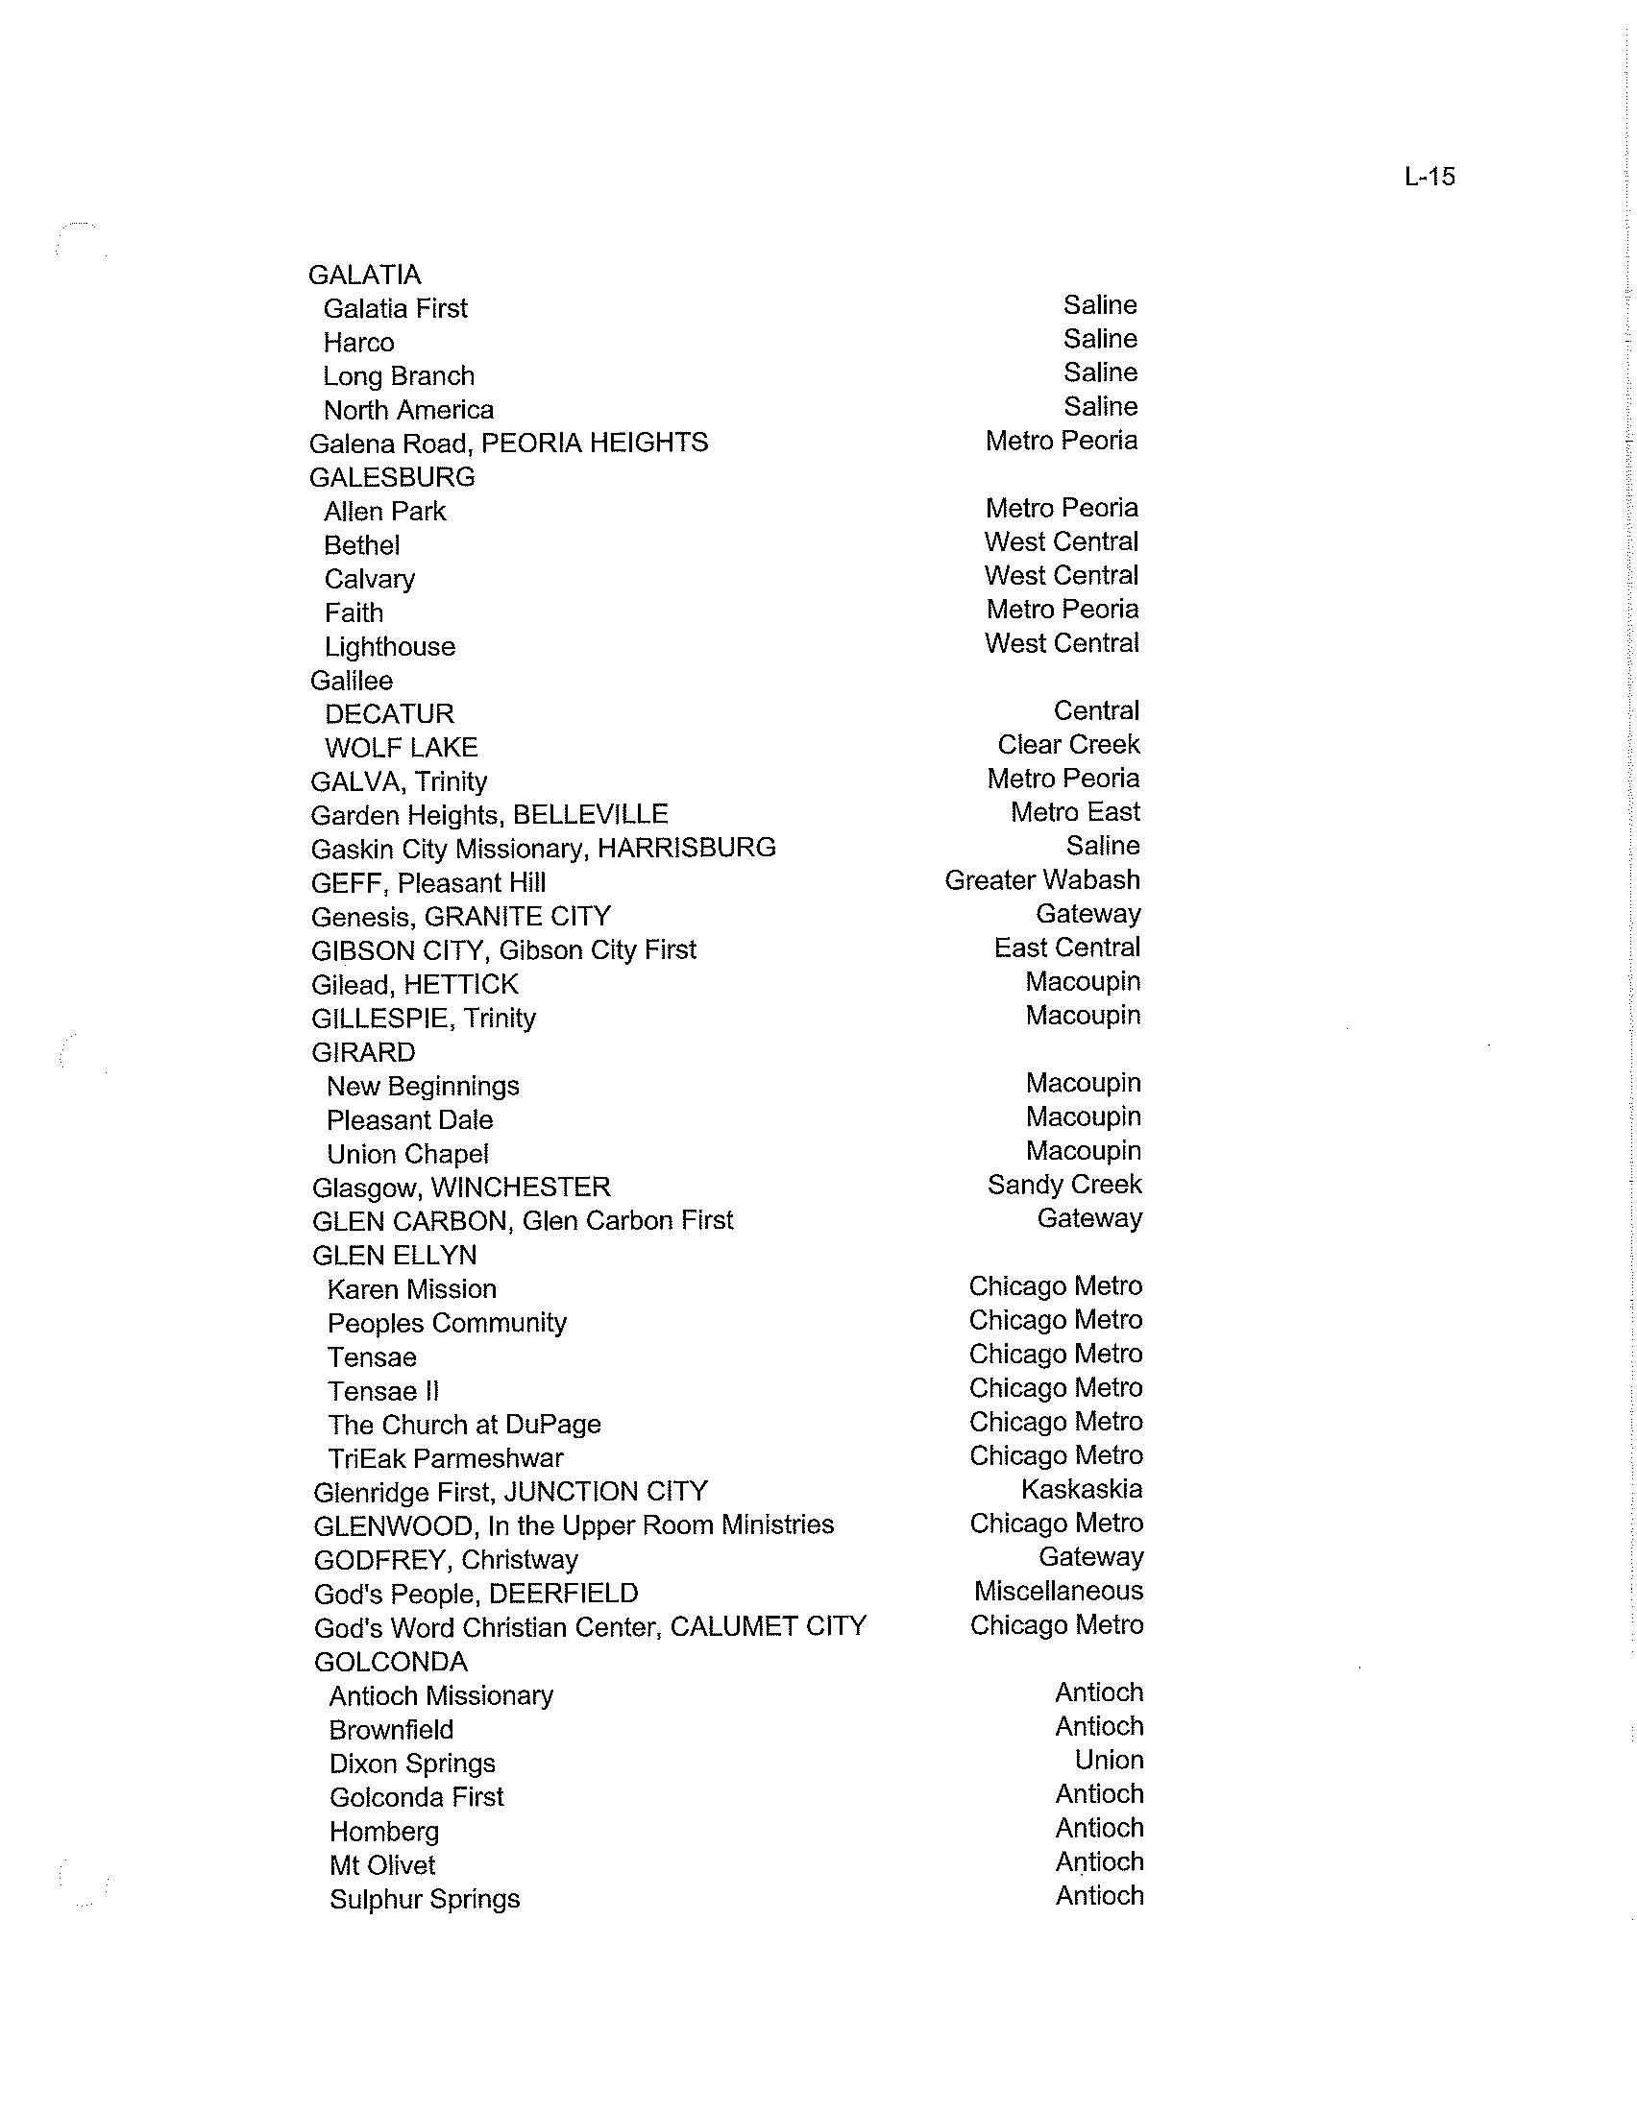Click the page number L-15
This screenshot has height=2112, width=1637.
(x=1429, y=177)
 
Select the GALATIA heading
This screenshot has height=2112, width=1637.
(x=365, y=276)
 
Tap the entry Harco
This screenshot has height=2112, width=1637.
(x=358, y=344)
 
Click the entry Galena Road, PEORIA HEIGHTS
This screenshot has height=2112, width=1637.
(x=508, y=444)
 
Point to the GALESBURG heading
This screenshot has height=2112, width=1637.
(x=392, y=478)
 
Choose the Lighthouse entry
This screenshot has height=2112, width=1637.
(x=389, y=647)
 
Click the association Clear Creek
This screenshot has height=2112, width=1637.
(x=1068, y=745)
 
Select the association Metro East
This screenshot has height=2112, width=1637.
(x=1075, y=812)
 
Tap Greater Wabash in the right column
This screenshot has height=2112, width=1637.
(x=1042, y=880)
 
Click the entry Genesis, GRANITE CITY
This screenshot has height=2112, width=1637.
(x=460, y=917)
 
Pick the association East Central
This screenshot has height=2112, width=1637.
(x=1066, y=948)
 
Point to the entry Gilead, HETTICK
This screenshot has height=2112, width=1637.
(x=414, y=985)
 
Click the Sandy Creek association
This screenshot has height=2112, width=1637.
(x=1064, y=1185)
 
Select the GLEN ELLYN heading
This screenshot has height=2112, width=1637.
(x=394, y=1257)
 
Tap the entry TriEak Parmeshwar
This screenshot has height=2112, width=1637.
(x=445, y=1458)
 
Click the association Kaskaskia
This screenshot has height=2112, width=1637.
(x=1081, y=1489)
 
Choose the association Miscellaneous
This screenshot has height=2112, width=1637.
(x=1059, y=1591)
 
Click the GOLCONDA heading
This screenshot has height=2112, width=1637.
(x=391, y=1663)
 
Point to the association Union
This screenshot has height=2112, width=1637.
(x=1109, y=1760)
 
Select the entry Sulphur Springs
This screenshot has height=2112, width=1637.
(x=424, y=1899)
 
